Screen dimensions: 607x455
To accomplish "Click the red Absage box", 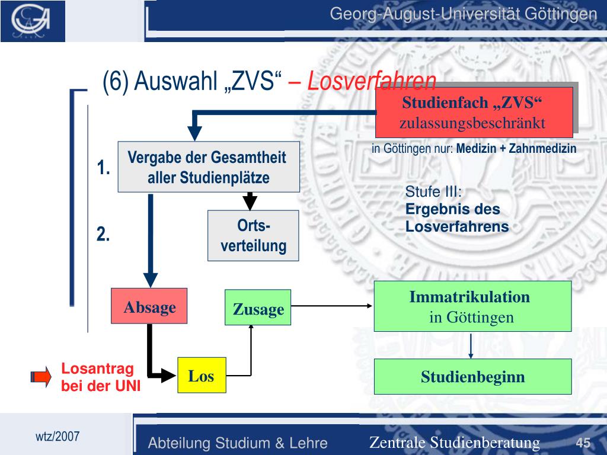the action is (x=149, y=306).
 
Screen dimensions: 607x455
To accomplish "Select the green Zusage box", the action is (x=258, y=307).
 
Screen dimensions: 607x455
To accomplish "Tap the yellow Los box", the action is (x=202, y=376).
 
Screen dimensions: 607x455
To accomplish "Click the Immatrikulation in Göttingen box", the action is (x=472, y=306).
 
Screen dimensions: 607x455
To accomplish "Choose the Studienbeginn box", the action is (x=472, y=377).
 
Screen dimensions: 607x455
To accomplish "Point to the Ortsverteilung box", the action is (x=253, y=236).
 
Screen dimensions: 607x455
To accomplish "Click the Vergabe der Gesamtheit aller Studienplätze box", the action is (x=208, y=167).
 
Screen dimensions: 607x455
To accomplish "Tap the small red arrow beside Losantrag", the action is (x=41, y=377).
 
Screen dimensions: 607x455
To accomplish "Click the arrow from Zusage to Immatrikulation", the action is (x=332, y=306).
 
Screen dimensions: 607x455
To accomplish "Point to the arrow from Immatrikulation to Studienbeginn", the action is (x=471, y=345).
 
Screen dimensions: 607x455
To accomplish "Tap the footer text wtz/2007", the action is (x=57, y=437).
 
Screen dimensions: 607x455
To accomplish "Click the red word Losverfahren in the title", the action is (x=372, y=82).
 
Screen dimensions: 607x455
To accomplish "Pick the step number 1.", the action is (x=104, y=168).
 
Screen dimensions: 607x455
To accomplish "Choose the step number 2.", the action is (x=104, y=235).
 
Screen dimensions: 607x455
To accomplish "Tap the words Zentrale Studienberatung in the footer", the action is (x=454, y=443).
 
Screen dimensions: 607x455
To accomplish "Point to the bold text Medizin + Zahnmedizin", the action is (x=516, y=149).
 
